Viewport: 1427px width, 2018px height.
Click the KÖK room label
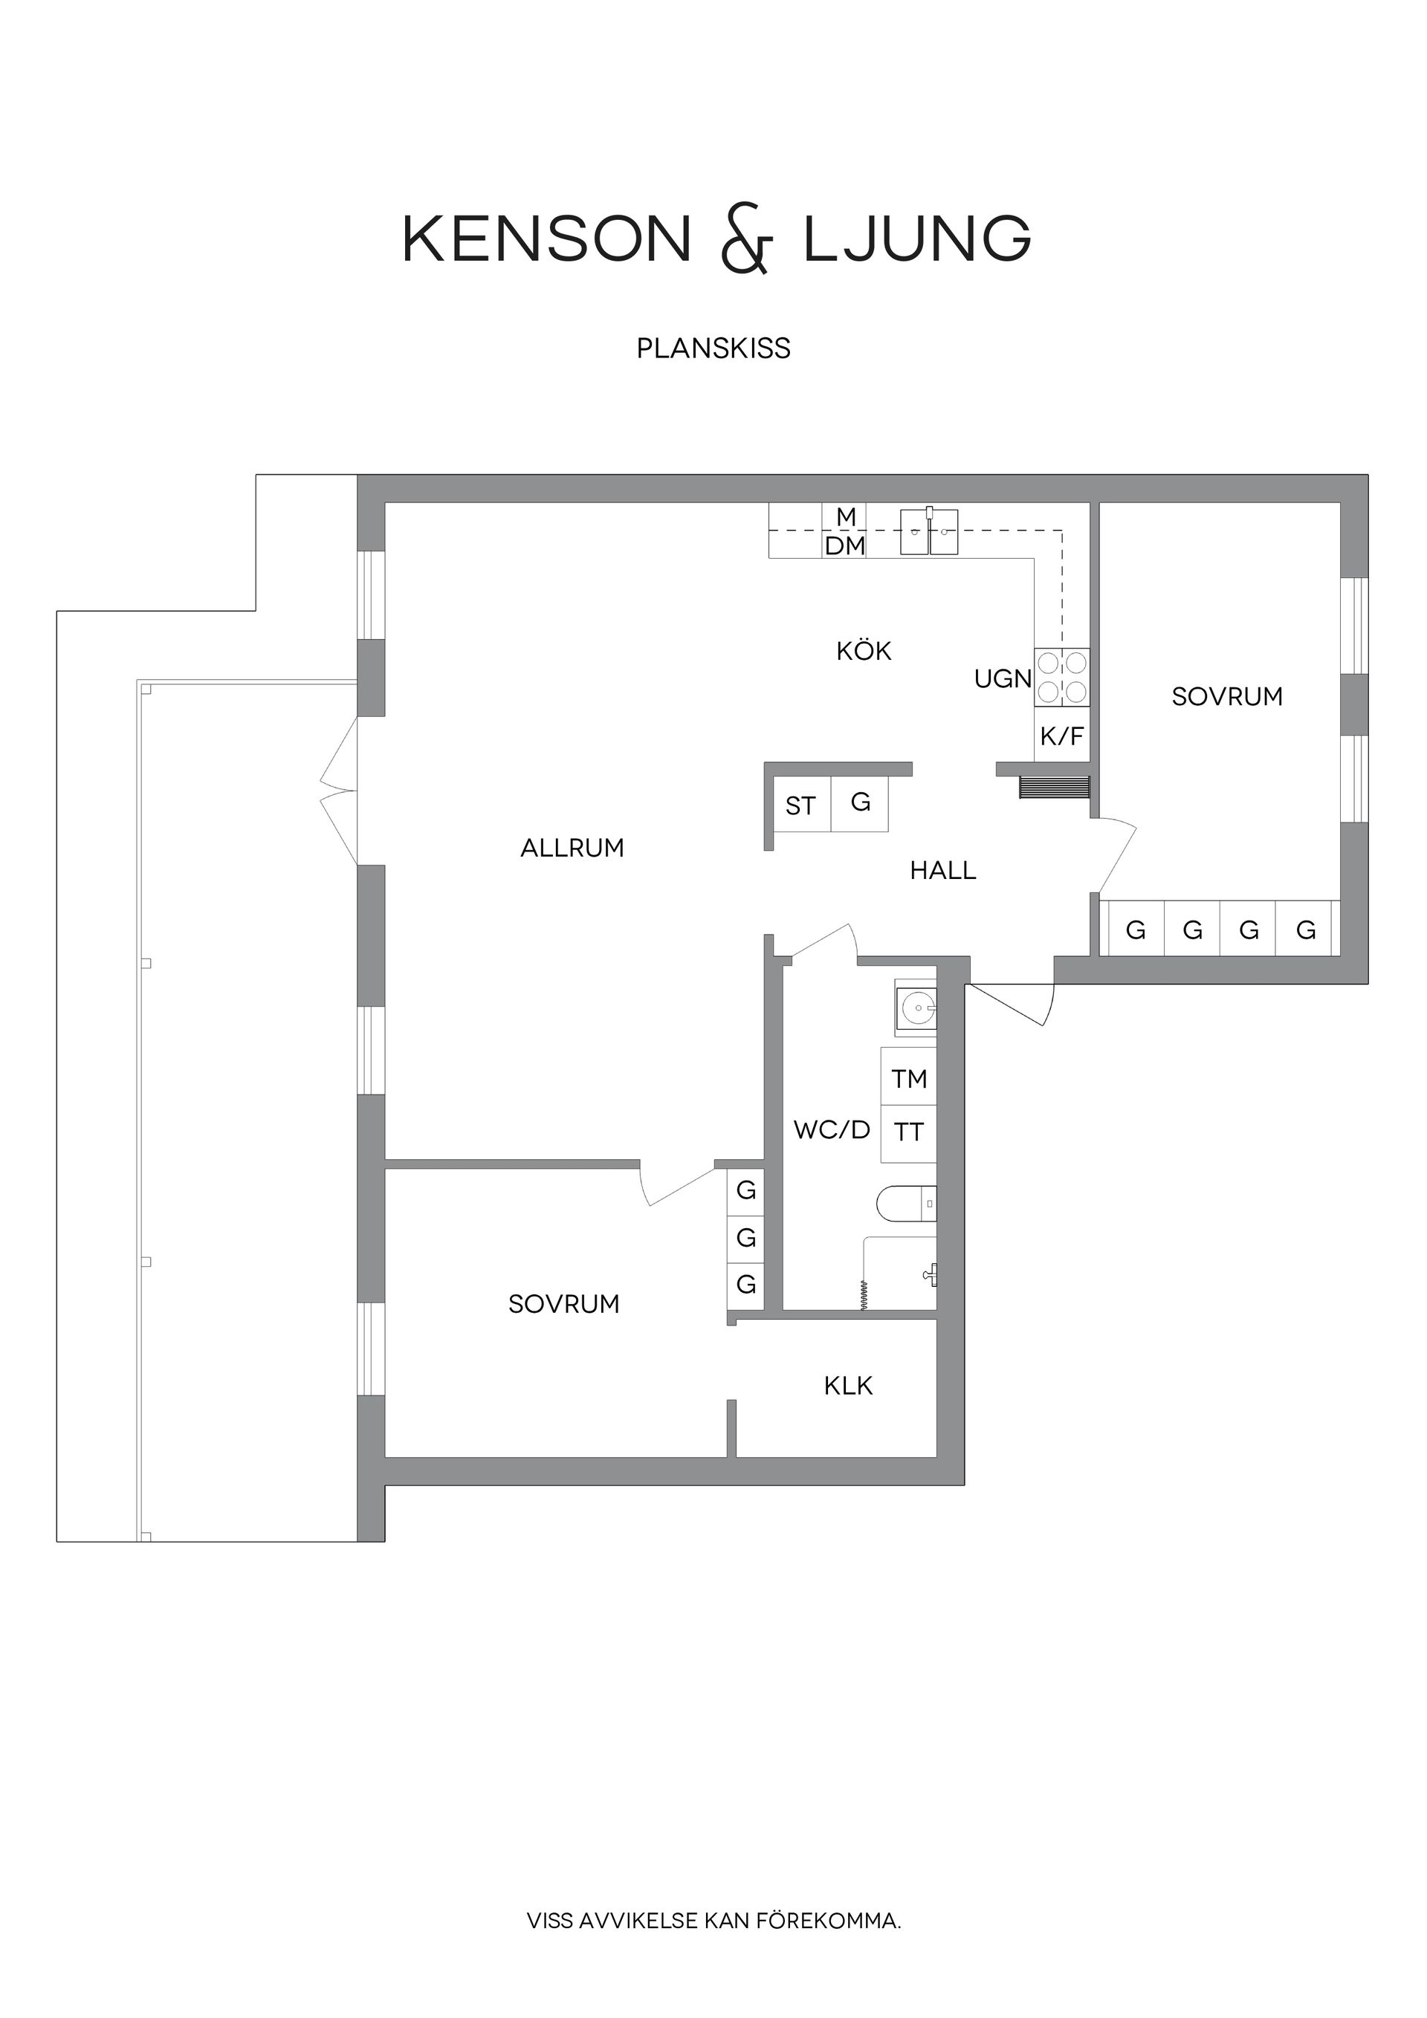coord(864,652)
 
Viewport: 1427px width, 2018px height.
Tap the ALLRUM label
coord(572,849)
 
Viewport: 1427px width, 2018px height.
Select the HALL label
coord(942,871)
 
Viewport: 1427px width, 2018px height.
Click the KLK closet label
coord(847,1386)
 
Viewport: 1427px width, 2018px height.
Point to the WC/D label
coord(831,1130)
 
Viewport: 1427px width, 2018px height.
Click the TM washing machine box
coord(908,1077)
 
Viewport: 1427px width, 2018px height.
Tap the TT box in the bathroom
coord(908,1133)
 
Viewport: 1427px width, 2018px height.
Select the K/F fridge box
coord(1061,736)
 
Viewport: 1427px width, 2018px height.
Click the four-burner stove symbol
coord(1062,677)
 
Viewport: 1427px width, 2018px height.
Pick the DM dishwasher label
coord(844,547)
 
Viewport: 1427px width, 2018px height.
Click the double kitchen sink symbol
coord(928,533)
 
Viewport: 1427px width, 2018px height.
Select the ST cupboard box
coord(800,805)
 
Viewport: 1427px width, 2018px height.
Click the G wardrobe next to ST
coord(860,802)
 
